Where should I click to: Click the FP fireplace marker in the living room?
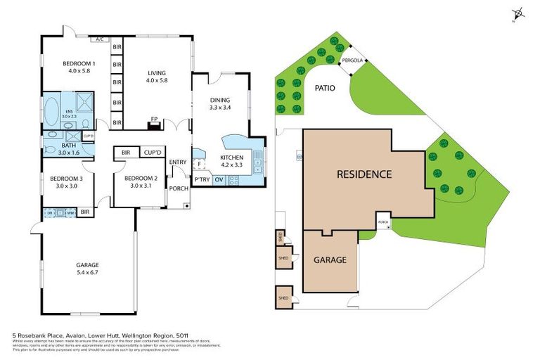point(153,119)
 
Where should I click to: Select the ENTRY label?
point(177,162)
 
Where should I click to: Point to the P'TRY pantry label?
point(202,180)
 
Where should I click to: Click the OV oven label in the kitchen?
point(219,180)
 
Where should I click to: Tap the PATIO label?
point(324,89)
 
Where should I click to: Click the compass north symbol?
point(519,13)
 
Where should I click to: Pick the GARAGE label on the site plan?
point(330,260)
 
